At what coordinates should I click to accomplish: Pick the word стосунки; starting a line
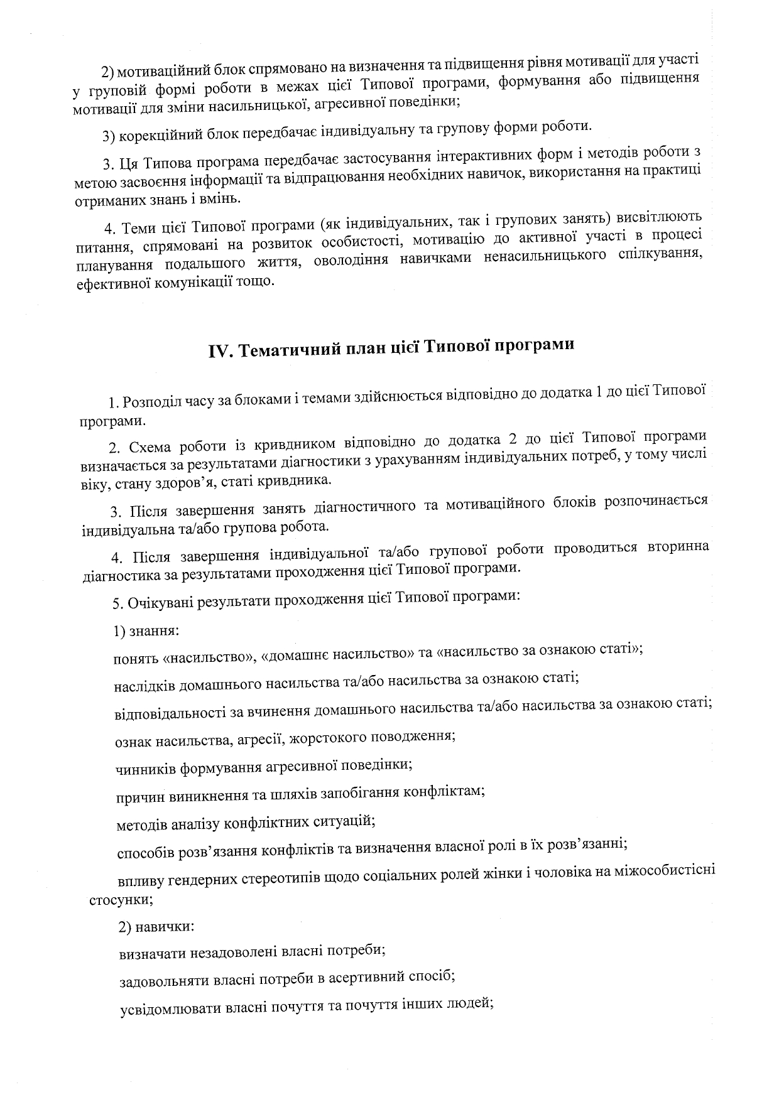click(121, 899)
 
